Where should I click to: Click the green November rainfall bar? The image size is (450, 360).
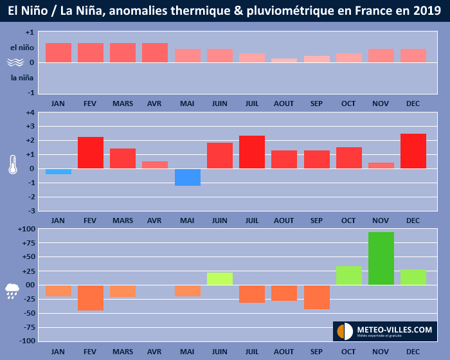coord(381,258)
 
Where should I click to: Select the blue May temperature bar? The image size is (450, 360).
coord(187,177)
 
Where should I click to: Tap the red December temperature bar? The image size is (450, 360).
coord(413,151)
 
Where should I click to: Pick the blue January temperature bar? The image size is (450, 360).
coord(59,172)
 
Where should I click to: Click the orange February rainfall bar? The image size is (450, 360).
coord(91,298)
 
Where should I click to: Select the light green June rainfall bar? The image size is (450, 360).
coord(220,278)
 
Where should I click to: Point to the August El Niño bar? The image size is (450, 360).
coord(284,60)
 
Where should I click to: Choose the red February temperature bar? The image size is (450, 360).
coord(91,153)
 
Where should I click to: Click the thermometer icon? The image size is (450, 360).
coord(13,164)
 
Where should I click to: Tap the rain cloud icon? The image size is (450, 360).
coord(13,291)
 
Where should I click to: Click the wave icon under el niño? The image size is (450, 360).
coord(15,63)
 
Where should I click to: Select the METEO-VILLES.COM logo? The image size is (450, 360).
coord(384,330)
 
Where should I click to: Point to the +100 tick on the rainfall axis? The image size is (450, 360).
coord(26,230)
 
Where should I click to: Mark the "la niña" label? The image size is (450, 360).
coord(22,78)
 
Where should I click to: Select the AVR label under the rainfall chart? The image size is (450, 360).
coord(155,352)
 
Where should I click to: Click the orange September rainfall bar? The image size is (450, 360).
coord(316,297)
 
